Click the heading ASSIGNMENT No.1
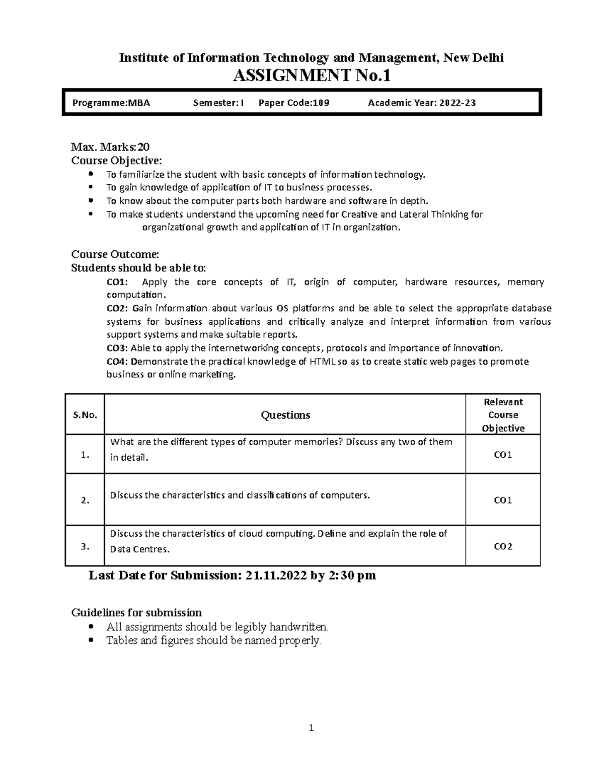pos(311,76)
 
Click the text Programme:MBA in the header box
pos(111,103)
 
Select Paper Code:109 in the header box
pos(294,103)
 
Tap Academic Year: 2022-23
pos(422,103)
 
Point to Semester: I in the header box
pos(218,103)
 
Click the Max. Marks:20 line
pos(110,147)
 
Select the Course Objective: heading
pos(117,161)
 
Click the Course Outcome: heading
pos(115,254)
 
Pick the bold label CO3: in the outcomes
pos(118,348)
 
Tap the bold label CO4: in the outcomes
pos(118,362)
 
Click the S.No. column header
pos(85,415)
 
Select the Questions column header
pos(285,415)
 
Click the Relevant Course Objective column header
pos(503,415)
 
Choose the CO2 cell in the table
pos(503,546)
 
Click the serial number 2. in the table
pos(85,501)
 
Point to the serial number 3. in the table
pos(85,546)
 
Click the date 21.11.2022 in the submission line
pos(276,576)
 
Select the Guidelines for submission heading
pos(136,613)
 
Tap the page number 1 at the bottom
pos(312,728)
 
